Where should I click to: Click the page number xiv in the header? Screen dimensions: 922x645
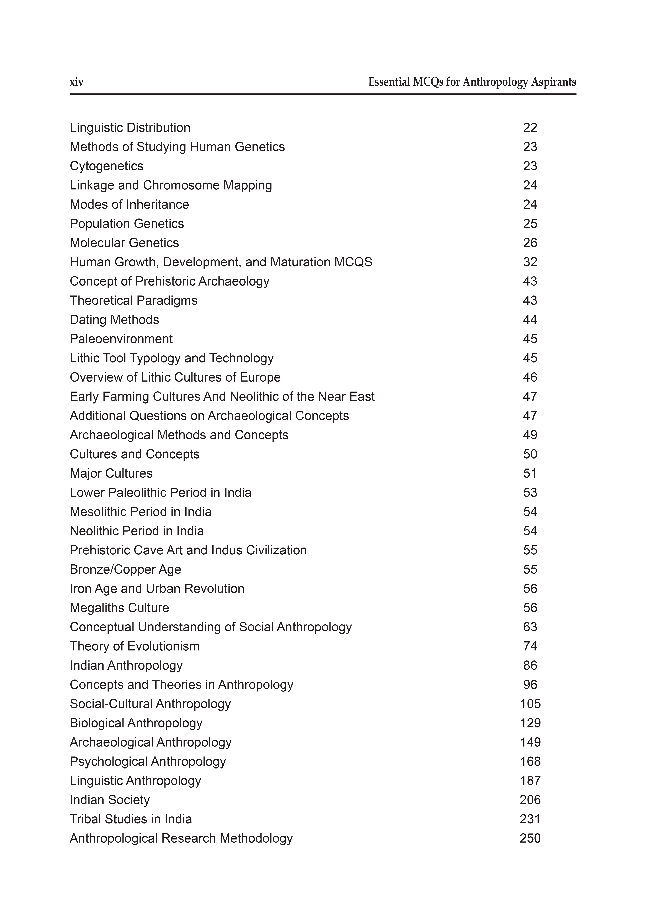click(x=77, y=82)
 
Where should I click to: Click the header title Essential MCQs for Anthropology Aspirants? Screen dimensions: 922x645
click(x=472, y=82)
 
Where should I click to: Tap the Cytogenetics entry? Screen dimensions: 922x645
click(x=106, y=166)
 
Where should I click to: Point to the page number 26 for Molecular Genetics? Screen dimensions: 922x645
click(x=530, y=243)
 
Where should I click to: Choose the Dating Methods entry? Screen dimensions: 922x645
click(x=114, y=320)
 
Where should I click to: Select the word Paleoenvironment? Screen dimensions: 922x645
click(x=121, y=339)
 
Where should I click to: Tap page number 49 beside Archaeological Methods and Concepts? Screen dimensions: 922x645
click(x=530, y=435)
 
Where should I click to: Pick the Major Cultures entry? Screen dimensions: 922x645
click(x=111, y=473)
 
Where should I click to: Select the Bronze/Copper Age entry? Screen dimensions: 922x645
click(x=125, y=569)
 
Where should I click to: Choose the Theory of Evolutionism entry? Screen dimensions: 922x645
click(x=135, y=646)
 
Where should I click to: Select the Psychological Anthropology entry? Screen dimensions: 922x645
click(x=148, y=761)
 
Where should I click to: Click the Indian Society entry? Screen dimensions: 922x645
click(x=110, y=800)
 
